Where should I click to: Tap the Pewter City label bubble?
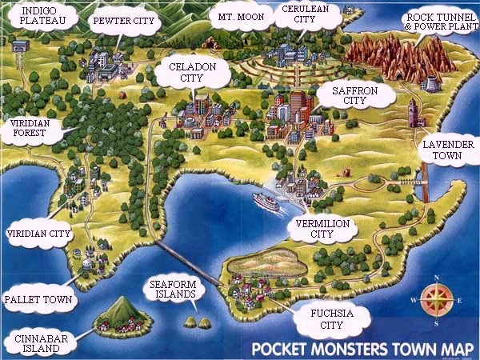point(124,22)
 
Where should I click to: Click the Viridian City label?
point(38,234)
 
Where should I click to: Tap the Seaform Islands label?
point(170,290)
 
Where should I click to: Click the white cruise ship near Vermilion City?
point(266,202)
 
